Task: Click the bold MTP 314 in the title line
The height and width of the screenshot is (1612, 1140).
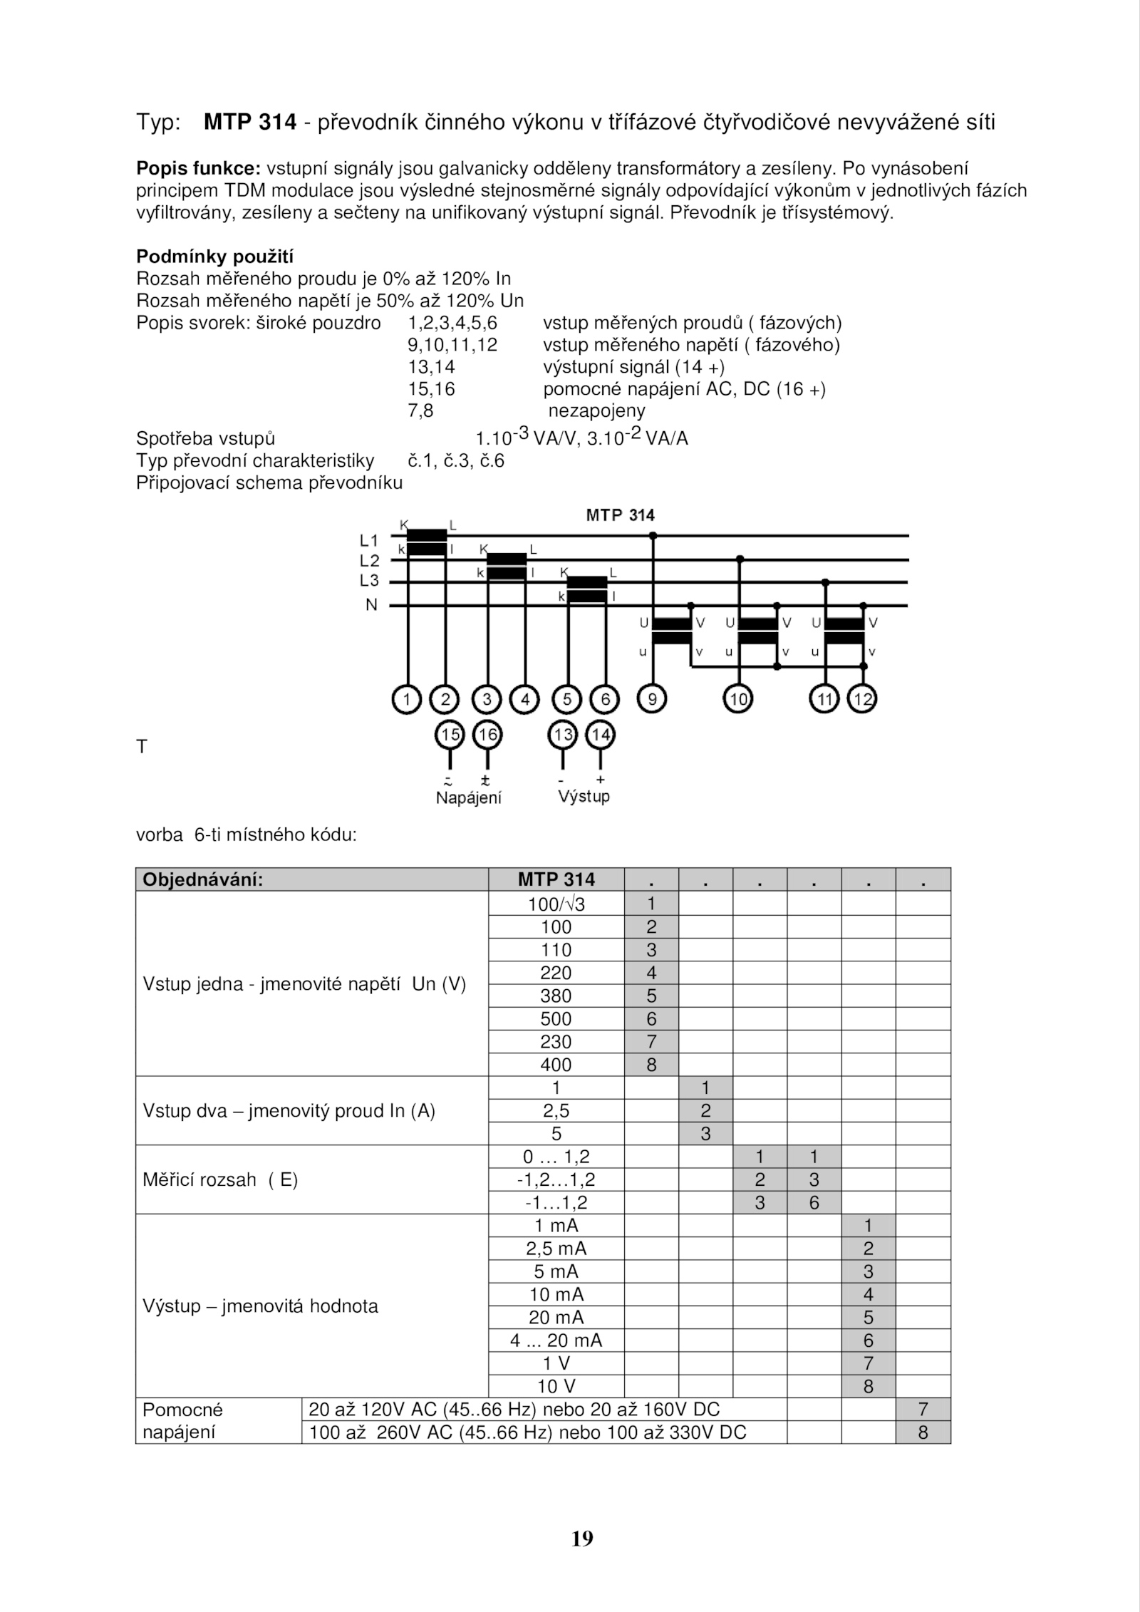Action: point(249,123)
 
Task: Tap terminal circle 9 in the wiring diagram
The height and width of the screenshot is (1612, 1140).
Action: point(651,699)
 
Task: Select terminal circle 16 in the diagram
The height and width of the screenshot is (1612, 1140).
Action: point(487,734)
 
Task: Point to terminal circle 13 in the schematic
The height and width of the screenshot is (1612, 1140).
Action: point(562,734)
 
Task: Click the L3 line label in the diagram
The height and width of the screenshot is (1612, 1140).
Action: point(369,581)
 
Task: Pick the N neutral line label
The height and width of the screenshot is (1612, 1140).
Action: point(371,605)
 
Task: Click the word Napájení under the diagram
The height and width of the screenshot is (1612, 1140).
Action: point(469,797)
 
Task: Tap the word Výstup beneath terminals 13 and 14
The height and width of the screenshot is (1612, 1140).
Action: point(584,796)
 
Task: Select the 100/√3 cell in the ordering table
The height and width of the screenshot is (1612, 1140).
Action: point(556,904)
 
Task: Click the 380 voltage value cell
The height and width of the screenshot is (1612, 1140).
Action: point(556,996)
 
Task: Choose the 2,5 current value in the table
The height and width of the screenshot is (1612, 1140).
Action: point(556,1110)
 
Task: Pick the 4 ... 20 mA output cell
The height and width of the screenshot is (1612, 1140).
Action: point(556,1340)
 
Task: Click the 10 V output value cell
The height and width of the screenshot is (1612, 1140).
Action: point(556,1386)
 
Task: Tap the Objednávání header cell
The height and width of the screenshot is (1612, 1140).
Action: point(203,879)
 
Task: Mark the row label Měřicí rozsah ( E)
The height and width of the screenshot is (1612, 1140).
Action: point(220,1179)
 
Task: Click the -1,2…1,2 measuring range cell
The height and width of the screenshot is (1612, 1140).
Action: point(556,1179)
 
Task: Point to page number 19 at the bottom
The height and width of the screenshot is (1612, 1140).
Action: point(582,1539)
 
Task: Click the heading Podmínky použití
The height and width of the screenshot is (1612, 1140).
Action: point(214,256)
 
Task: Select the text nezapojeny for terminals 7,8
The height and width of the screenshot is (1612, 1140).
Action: point(596,410)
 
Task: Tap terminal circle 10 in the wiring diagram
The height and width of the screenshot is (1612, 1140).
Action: point(738,699)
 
